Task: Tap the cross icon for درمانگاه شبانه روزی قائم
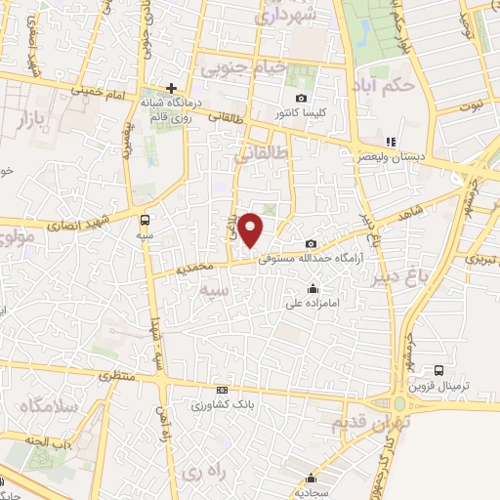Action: pyautogui.click(x=172, y=88)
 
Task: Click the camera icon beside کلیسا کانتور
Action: pyautogui.click(x=301, y=98)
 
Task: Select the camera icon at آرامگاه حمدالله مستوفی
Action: pyautogui.click(x=311, y=243)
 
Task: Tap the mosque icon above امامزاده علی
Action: pyautogui.click(x=312, y=288)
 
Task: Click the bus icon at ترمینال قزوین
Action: pyautogui.click(x=438, y=370)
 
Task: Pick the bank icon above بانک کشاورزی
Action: pyautogui.click(x=222, y=390)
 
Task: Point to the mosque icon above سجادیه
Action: pyautogui.click(x=311, y=478)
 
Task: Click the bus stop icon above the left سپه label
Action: pyautogui.click(x=146, y=220)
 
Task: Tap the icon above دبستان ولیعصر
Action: pyautogui.click(x=392, y=142)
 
